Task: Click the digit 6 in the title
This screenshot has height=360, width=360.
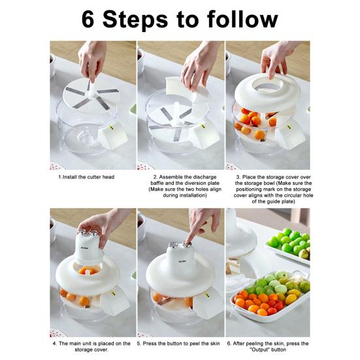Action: click(88, 20)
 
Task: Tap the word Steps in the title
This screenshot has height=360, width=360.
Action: click(135, 21)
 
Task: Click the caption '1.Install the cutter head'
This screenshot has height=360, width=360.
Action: click(86, 177)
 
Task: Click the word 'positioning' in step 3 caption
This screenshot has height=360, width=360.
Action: click(248, 189)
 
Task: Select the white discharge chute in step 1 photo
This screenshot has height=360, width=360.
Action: click(112, 135)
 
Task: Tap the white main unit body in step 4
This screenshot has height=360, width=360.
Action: click(88, 249)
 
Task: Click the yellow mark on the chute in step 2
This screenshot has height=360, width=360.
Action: click(203, 126)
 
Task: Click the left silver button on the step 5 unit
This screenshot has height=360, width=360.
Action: click(173, 245)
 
